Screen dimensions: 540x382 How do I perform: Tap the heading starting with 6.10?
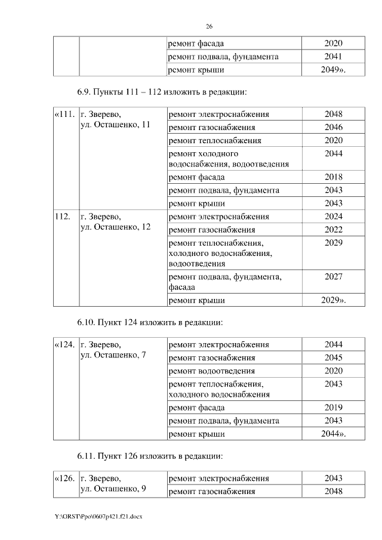pyautogui.click(x=150, y=322)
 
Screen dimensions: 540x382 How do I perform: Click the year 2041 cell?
pyautogui.click(x=333, y=57)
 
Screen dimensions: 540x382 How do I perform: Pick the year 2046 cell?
pyautogui.click(x=333, y=127)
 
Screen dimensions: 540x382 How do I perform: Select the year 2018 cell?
pyautogui.click(x=333, y=177)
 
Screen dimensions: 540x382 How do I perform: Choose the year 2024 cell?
pyautogui.click(x=333, y=217)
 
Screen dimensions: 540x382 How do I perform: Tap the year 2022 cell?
pyautogui.click(x=333, y=230)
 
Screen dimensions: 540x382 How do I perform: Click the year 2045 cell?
pyautogui.click(x=333, y=357)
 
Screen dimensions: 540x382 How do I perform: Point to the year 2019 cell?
pyautogui.click(x=333, y=408)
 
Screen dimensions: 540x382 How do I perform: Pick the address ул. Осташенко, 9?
pyautogui.click(x=113, y=489)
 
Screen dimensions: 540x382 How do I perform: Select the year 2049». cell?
pyautogui.click(x=333, y=70)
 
